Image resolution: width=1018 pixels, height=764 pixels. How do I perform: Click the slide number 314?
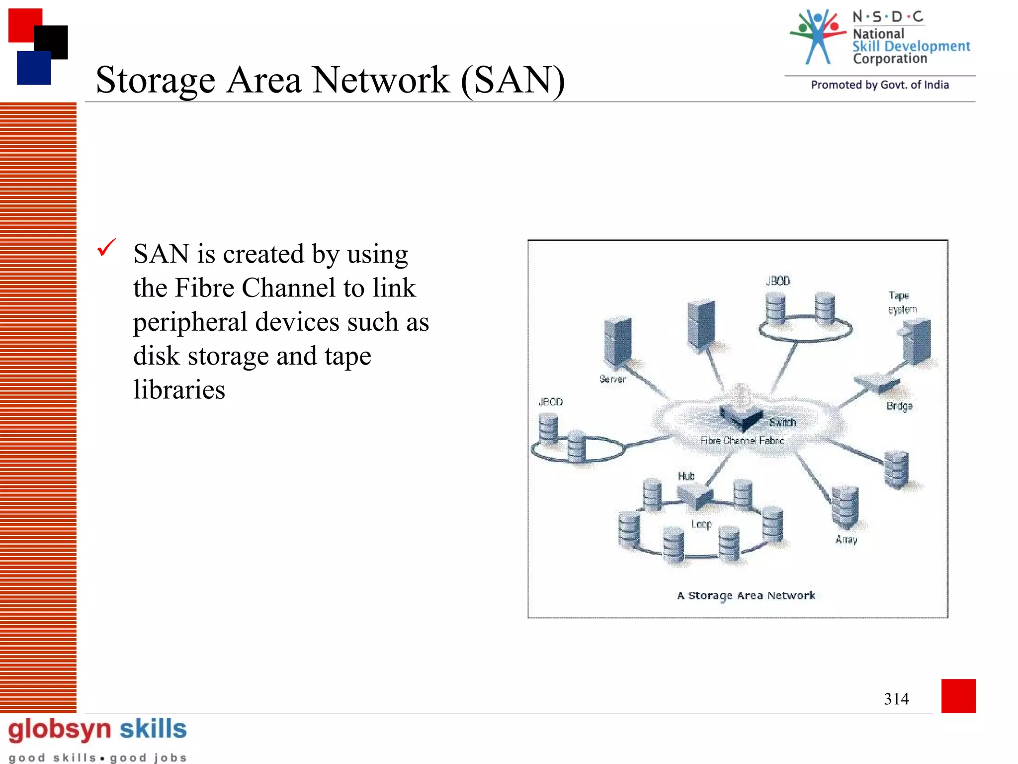point(896,699)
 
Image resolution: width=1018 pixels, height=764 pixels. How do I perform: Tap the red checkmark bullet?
point(106,248)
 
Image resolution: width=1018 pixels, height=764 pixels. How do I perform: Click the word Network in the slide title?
point(381,80)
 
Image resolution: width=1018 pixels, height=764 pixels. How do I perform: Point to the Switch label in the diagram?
point(782,423)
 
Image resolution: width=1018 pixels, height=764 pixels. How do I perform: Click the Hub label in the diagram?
point(686,476)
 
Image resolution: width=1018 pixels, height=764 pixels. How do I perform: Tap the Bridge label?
point(899,406)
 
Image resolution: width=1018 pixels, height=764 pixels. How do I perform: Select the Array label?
point(846,540)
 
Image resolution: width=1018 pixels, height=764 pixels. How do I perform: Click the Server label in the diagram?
point(612,379)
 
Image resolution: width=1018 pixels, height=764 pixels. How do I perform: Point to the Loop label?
point(701,524)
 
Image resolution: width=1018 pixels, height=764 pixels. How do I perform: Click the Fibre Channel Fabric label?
point(742,441)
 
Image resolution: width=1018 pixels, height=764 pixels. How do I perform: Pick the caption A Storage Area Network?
point(746,595)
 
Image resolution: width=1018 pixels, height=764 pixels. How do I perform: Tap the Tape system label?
point(902,302)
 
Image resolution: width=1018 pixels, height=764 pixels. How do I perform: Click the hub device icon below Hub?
point(695,495)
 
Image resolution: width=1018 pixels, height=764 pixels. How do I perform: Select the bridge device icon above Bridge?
point(876,382)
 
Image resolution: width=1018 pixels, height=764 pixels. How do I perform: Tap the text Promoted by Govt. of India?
point(879,85)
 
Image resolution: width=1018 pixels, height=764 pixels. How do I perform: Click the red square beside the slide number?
point(958,695)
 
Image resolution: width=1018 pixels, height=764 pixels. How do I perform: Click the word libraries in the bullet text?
point(179,389)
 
